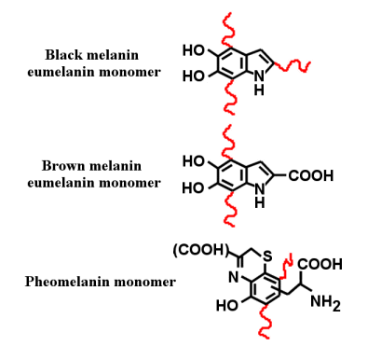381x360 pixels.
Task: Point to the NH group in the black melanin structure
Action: pyautogui.click(x=256, y=84)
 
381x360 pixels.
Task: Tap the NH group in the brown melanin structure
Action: pyautogui.click(x=256, y=196)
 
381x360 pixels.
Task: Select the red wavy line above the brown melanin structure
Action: pyautogui.click(x=224, y=137)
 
